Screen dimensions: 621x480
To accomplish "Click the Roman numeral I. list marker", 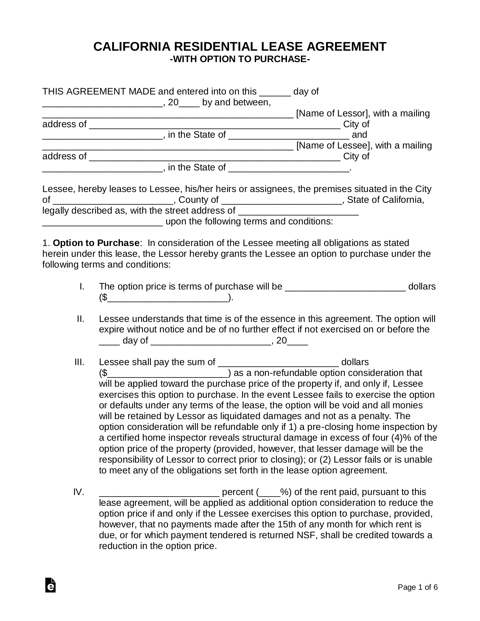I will [82, 286].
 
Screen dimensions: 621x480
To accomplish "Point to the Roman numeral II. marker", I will [80, 319].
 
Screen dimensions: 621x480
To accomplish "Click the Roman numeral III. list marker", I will [79, 362].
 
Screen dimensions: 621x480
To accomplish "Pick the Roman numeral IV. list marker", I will [79, 492].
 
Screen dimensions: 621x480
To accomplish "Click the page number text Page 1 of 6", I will [418, 587].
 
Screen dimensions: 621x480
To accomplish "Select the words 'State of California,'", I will [385, 200].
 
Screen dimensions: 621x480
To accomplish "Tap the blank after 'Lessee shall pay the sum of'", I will [278, 363].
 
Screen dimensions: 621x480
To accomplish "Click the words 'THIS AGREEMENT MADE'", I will [99, 91].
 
